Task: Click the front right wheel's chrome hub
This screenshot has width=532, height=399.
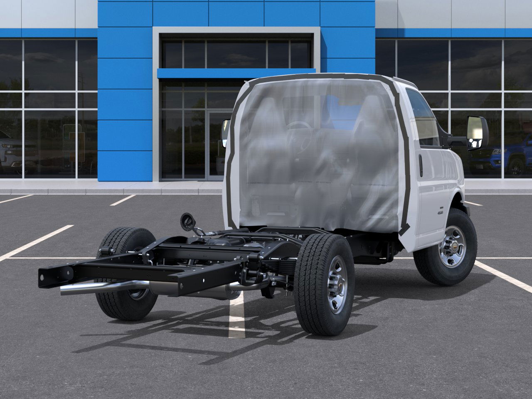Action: tap(453, 246)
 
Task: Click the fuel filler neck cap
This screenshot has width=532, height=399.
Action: tap(187, 220)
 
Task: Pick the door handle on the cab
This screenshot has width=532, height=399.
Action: tap(421, 165)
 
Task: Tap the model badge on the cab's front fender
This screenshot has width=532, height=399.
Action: tap(452, 212)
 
